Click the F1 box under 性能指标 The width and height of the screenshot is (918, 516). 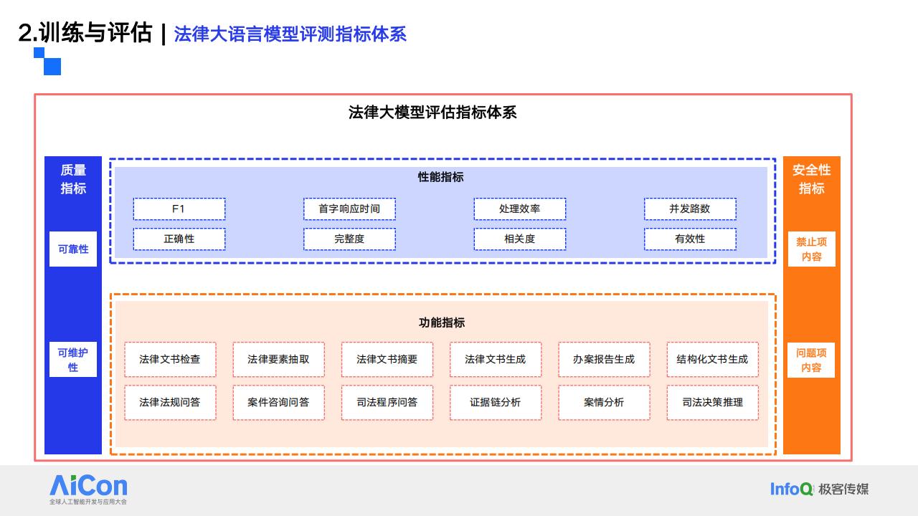pyautogui.click(x=179, y=209)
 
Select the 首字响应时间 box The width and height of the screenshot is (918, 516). pyautogui.click(x=349, y=209)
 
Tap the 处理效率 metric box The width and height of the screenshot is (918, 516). pyautogui.click(x=520, y=209)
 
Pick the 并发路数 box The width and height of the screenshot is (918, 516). pyautogui.click(x=690, y=209)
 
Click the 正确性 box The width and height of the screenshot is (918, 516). pyautogui.click(x=179, y=239)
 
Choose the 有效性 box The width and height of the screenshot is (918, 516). pyautogui.click(x=690, y=239)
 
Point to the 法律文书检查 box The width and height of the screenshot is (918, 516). pyautogui.click(x=170, y=360)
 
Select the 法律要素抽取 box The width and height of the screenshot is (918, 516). pyautogui.click(x=279, y=360)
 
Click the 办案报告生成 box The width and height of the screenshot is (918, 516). pyautogui.click(x=604, y=360)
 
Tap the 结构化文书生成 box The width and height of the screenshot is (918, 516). pyautogui.click(x=713, y=360)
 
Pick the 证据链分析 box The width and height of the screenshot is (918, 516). pyautogui.click(x=496, y=403)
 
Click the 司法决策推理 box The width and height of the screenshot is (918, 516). pyautogui.click(x=713, y=403)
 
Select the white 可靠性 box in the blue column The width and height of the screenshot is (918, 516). pyautogui.click(x=73, y=249)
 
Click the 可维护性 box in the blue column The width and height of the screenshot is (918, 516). pyautogui.click(x=73, y=360)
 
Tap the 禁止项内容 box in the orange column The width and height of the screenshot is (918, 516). pyautogui.click(x=811, y=249)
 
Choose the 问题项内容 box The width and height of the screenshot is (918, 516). pyautogui.click(x=811, y=360)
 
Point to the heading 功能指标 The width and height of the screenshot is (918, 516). pyautogui.click(x=442, y=322)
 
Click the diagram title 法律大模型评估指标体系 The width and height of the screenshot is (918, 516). pyautogui.click(x=432, y=113)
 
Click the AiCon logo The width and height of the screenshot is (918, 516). pyautogui.click(x=88, y=489)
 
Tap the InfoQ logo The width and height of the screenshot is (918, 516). pyautogui.click(x=791, y=489)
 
